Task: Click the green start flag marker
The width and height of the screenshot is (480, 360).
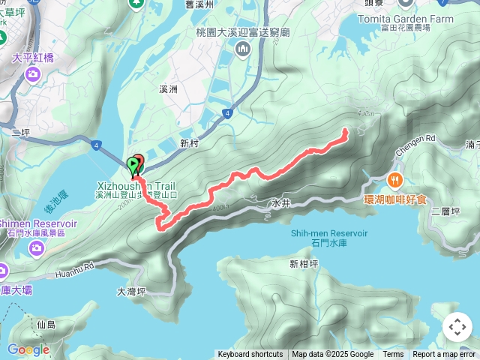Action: pyautogui.click(x=133, y=165)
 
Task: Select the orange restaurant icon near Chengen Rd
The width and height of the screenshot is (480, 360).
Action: pyautogui.click(x=395, y=180)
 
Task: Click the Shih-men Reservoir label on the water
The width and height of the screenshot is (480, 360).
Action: pyautogui.click(x=329, y=232)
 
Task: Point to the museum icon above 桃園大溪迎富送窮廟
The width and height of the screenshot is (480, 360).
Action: pyautogui.click(x=242, y=49)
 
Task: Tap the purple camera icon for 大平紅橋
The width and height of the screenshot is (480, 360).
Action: pyautogui.click(x=32, y=73)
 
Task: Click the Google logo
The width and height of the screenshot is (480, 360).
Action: pyautogui.click(x=28, y=349)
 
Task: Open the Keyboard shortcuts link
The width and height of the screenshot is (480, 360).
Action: pyautogui.click(x=250, y=355)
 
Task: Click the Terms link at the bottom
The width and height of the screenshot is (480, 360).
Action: pyautogui.click(x=393, y=355)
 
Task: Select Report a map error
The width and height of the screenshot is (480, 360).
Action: pyautogui.click(x=444, y=355)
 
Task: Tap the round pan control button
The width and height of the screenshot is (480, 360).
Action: pyautogui.click(x=457, y=327)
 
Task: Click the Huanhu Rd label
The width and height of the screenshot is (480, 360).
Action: pyautogui.click(x=75, y=270)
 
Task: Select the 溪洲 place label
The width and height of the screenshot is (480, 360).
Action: pyautogui.click(x=168, y=89)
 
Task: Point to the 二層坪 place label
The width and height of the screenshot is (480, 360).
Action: pyautogui.click(x=445, y=211)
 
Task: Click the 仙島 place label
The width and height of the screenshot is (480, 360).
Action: pyautogui.click(x=46, y=325)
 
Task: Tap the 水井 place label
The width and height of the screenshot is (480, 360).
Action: pyautogui.click(x=280, y=203)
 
